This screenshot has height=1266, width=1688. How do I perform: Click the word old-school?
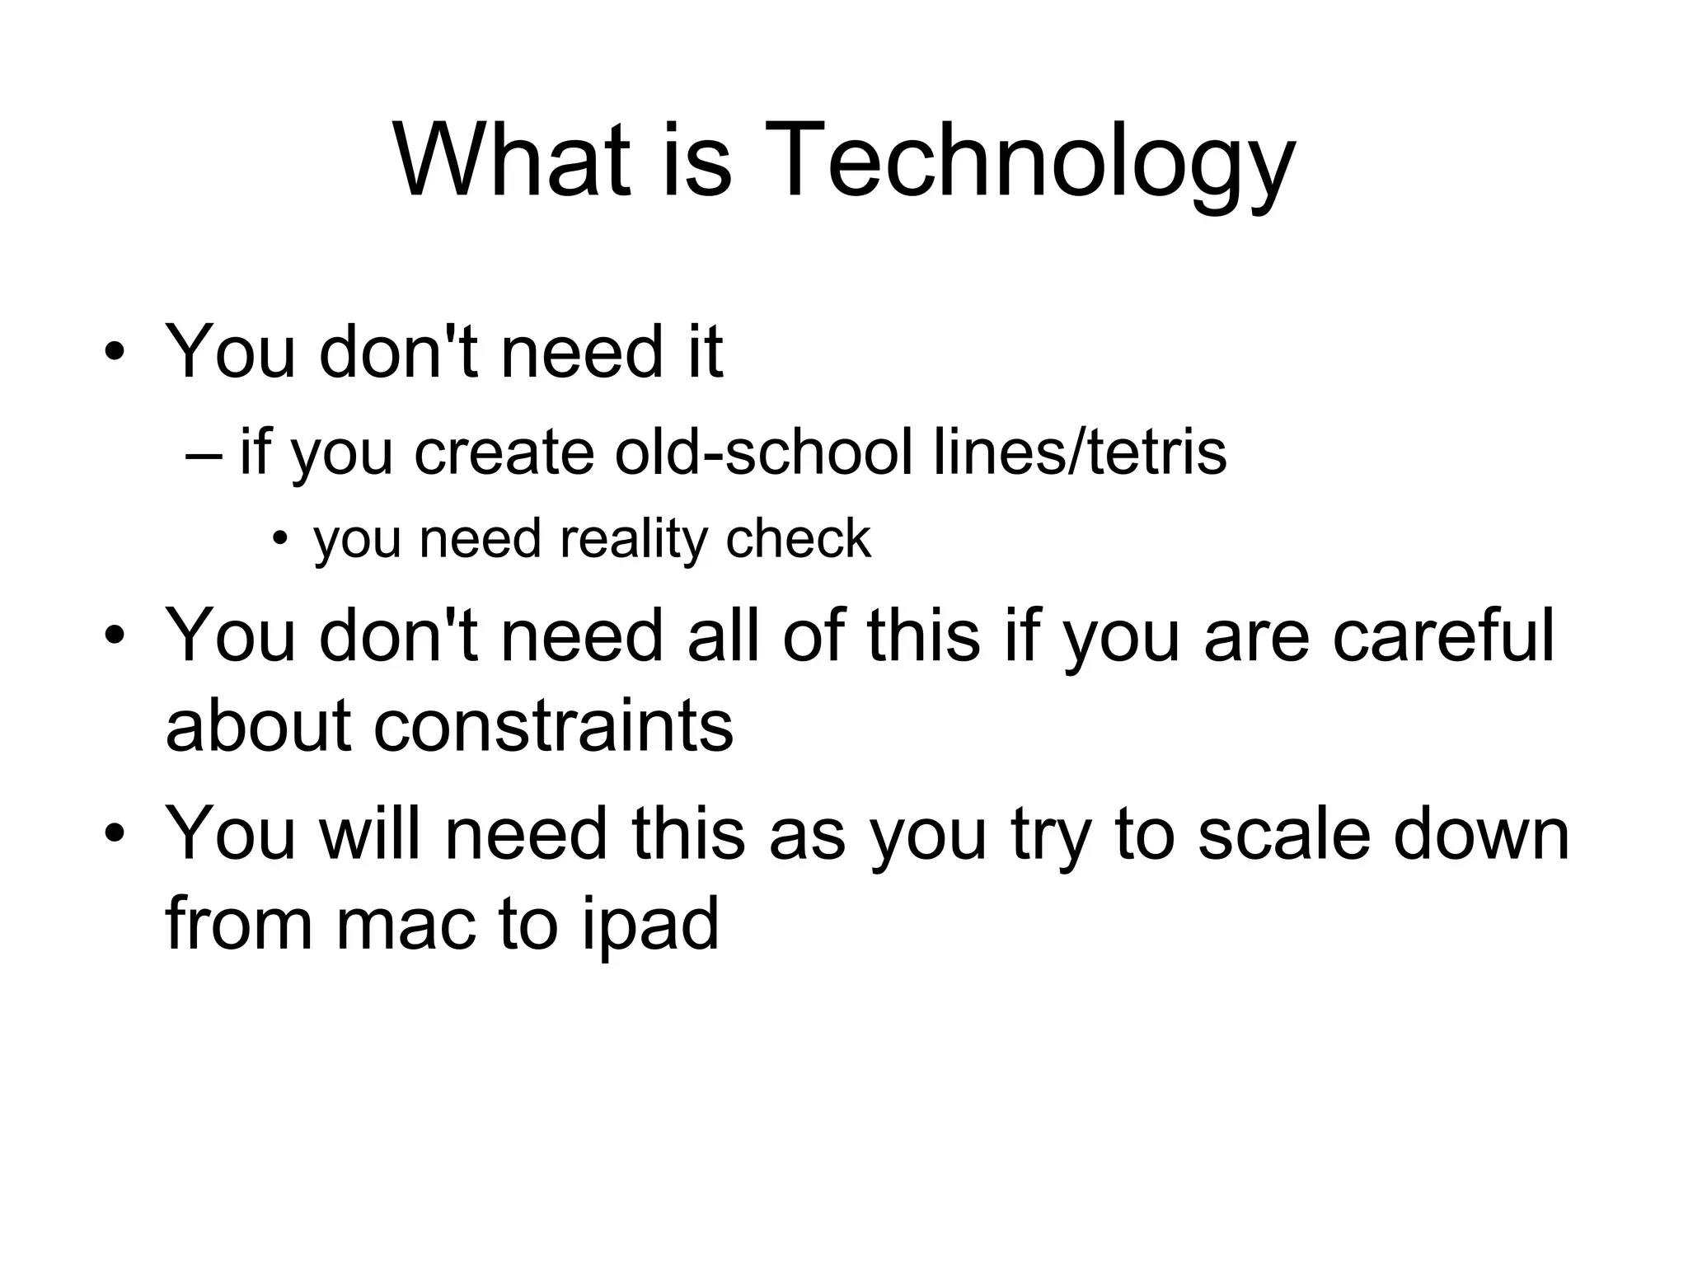point(763,452)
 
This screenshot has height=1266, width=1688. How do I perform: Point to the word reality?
point(633,540)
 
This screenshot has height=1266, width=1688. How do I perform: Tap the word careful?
point(1443,636)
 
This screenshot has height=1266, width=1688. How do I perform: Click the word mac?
point(407,924)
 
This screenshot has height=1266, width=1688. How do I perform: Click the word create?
point(504,452)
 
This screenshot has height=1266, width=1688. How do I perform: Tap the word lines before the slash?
point(998,452)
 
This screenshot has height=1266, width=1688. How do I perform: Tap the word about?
point(260,726)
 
